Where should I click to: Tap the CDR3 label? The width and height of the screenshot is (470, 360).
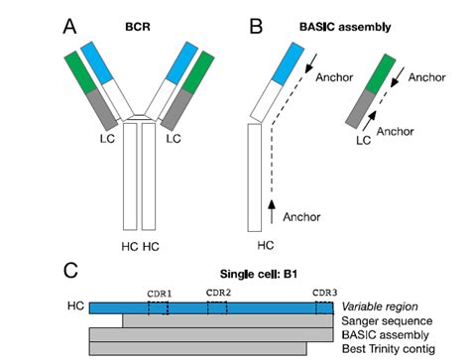point(325,294)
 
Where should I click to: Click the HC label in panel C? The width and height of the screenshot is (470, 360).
point(76,307)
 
